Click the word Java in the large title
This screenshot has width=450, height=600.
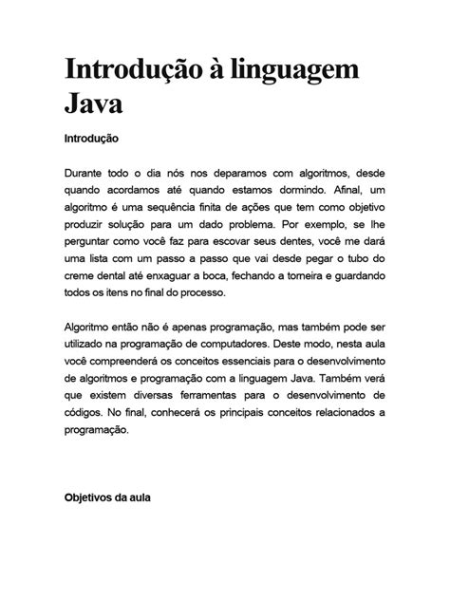click(96, 102)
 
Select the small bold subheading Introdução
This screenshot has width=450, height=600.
click(91, 139)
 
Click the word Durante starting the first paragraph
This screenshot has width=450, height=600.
click(87, 173)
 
